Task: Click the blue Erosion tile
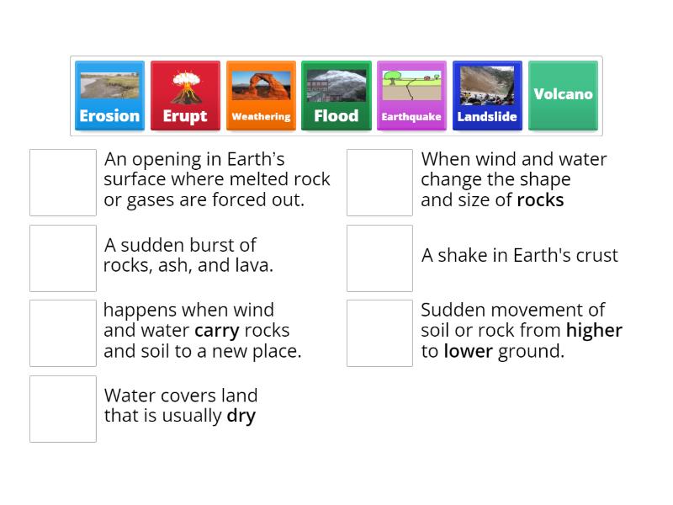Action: click(x=109, y=95)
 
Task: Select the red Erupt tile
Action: click(x=185, y=95)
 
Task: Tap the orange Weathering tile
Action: click(x=261, y=95)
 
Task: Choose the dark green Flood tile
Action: click(x=336, y=95)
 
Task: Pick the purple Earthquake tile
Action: click(x=411, y=95)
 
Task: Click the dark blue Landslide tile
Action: click(x=487, y=95)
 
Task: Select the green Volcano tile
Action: click(x=563, y=95)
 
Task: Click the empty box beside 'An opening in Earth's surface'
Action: click(x=63, y=183)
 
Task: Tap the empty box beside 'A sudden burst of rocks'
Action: click(x=63, y=258)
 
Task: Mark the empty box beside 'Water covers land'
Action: click(x=63, y=408)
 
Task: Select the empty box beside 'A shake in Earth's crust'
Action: click(x=379, y=258)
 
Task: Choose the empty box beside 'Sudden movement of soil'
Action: click(x=379, y=333)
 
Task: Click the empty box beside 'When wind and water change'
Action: click(x=379, y=183)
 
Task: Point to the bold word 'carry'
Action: click(x=217, y=331)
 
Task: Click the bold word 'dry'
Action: click(x=241, y=416)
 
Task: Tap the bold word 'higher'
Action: click(x=594, y=331)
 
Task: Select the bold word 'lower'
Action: click(x=468, y=351)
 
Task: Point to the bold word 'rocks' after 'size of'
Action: click(x=540, y=200)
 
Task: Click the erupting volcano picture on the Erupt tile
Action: click(x=185, y=86)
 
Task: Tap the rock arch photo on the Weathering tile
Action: click(x=261, y=86)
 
